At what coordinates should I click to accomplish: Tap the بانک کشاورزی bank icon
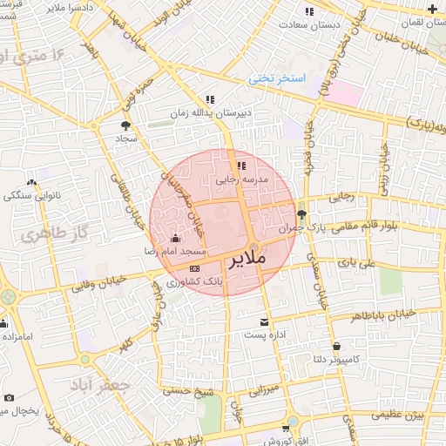click(x=194, y=268)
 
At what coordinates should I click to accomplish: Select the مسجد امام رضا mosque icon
click(x=175, y=239)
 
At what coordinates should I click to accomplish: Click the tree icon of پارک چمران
click(x=301, y=214)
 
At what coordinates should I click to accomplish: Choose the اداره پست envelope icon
click(x=264, y=322)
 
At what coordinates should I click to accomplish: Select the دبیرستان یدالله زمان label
click(x=210, y=113)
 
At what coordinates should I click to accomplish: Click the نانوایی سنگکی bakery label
click(x=31, y=195)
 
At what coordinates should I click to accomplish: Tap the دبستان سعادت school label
click(x=308, y=24)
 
